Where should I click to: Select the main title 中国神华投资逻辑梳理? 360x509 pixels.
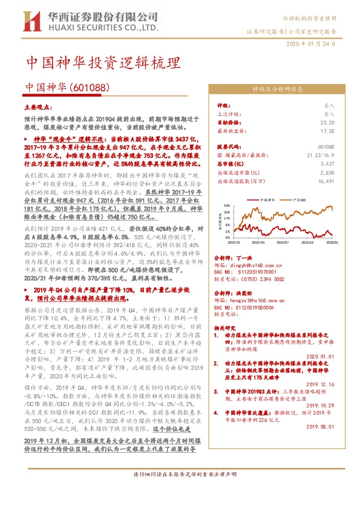103,63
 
